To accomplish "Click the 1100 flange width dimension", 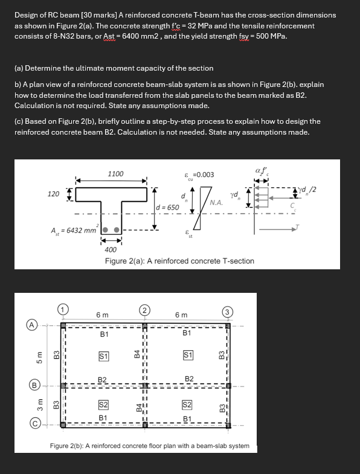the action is pos(115,174).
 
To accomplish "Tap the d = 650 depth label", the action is pos(167,208).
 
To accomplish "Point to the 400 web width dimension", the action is pos(111,249).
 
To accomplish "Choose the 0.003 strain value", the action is pos(204,175).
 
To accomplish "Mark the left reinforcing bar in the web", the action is pos(105,231).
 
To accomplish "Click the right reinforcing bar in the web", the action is pos(117,231).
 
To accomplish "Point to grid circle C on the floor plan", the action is pos(29,424).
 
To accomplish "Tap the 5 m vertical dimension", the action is pos(40,357).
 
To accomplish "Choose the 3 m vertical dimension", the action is pos(40,403).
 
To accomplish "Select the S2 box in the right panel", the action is pos(186,404).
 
